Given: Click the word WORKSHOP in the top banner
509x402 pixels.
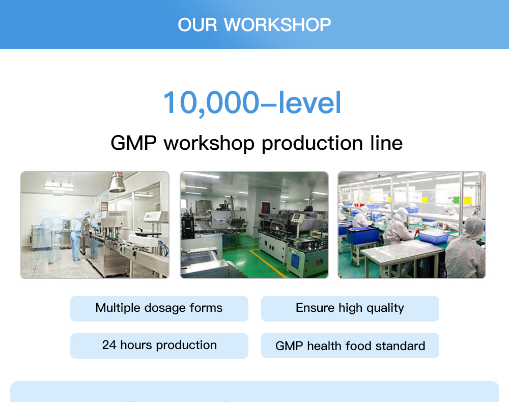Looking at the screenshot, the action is click(277, 24).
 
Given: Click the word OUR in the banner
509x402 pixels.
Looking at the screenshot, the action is click(197, 24).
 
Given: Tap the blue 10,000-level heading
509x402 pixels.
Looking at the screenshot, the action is click(252, 103).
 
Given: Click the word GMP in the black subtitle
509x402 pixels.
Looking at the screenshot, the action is click(133, 143).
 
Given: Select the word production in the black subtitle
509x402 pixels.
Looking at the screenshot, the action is click(312, 144).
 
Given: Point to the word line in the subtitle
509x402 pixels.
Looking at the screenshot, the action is click(386, 143).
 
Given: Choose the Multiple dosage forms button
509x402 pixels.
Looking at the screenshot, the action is click(159, 308).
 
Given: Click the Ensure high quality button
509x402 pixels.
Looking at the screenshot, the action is click(350, 308).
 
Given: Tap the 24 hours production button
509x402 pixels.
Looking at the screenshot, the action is click(159, 346).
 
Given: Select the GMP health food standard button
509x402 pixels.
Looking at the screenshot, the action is click(350, 345).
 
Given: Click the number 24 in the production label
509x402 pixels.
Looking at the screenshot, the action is click(109, 345).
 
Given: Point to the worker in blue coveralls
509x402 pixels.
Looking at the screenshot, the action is click(77, 237).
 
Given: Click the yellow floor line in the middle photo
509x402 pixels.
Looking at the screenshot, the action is click(268, 263).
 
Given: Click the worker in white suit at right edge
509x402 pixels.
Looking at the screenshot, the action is click(465, 248).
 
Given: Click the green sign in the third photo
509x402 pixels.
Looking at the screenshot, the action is click(456, 200).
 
